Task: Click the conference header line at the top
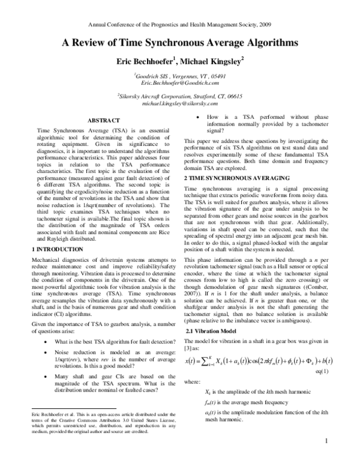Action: [180, 26]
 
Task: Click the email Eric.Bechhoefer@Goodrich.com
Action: [180, 85]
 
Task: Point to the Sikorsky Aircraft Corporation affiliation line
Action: [180, 96]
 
